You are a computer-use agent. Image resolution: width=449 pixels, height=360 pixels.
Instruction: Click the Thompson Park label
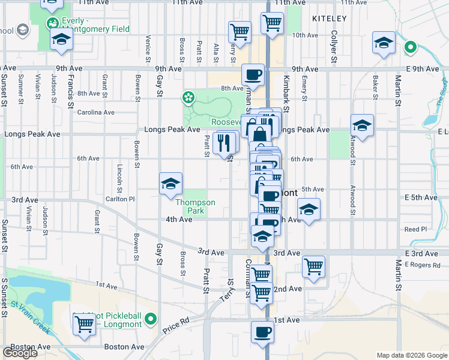tap(195, 206)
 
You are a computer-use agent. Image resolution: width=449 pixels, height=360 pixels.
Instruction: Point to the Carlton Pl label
tap(121, 199)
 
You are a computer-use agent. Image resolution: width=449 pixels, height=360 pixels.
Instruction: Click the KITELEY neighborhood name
tap(330, 19)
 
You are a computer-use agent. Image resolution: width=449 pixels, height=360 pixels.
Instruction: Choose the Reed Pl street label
tap(415, 229)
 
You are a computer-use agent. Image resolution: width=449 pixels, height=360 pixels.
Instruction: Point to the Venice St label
tap(148, 47)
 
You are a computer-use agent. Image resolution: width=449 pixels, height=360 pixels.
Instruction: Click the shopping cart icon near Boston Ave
tap(85, 324)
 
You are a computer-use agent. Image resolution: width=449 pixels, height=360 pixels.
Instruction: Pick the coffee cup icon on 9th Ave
tap(253, 75)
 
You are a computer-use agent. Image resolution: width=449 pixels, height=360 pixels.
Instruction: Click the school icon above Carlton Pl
tap(170, 183)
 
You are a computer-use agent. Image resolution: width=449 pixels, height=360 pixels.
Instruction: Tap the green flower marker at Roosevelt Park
tap(188, 97)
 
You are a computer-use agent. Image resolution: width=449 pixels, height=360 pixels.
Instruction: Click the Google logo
tap(20, 353)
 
